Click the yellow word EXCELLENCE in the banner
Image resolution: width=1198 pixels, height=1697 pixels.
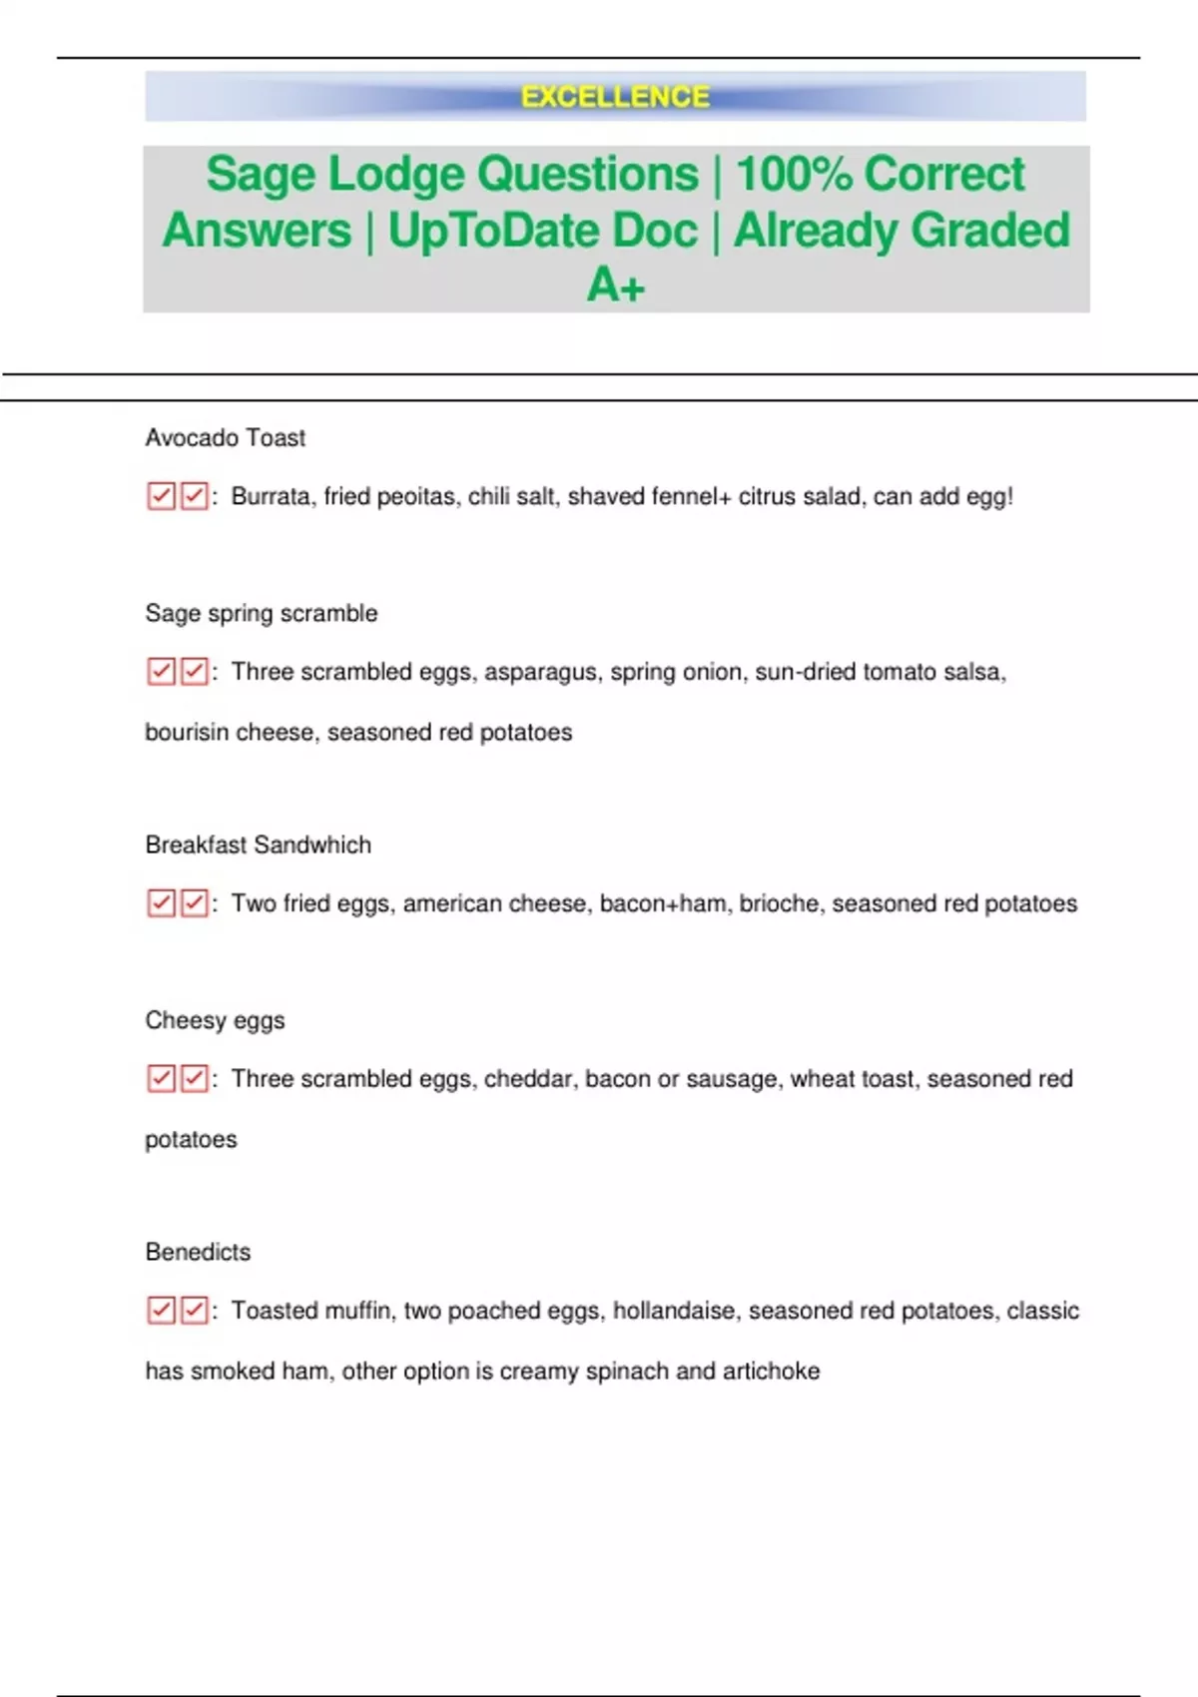(x=615, y=97)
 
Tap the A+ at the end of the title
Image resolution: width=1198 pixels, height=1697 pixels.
(x=616, y=285)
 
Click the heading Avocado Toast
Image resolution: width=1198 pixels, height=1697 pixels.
(x=225, y=437)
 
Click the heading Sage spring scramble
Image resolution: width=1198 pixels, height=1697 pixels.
(x=261, y=613)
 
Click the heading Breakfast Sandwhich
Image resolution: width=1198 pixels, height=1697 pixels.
(x=258, y=845)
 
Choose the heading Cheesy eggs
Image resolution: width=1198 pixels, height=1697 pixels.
(x=215, y=1020)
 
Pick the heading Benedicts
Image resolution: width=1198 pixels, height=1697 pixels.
(x=198, y=1252)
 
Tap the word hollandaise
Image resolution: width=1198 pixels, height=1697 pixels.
(x=675, y=1311)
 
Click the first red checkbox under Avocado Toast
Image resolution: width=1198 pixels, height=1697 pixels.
(x=161, y=496)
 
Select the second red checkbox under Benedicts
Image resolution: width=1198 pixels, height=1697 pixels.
(x=194, y=1310)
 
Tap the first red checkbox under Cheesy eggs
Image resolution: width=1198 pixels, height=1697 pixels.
(x=161, y=1078)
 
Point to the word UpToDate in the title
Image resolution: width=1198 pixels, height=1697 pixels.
(x=542, y=231)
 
